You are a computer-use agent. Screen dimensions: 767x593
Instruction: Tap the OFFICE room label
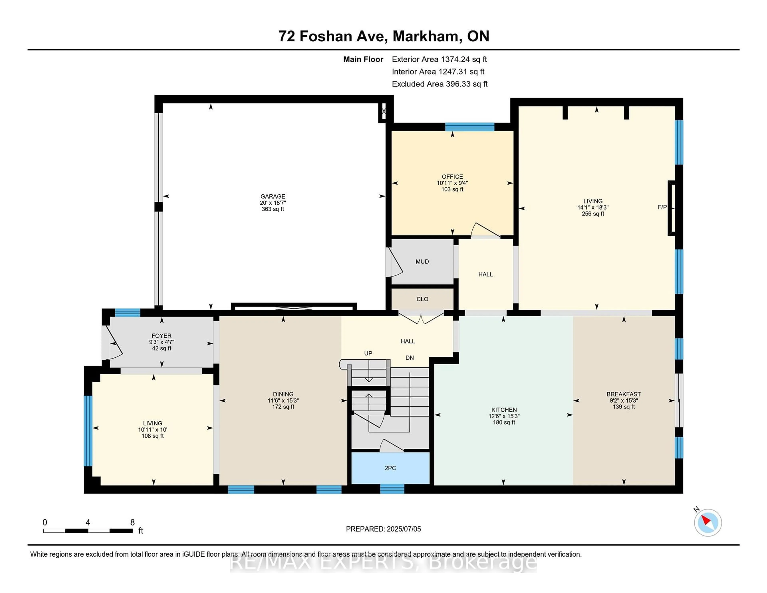[x=452, y=177]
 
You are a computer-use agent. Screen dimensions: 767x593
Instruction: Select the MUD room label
[x=422, y=262]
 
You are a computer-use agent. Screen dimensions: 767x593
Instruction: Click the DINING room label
[x=283, y=394]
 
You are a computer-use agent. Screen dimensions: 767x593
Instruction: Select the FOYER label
[x=162, y=336]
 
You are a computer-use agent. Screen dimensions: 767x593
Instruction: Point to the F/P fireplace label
[x=662, y=207]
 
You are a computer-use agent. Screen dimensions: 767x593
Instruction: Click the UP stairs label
[x=368, y=353]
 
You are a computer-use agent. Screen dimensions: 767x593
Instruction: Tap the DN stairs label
[x=409, y=358]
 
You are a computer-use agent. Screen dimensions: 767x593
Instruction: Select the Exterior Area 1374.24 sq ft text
[x=439, y=59]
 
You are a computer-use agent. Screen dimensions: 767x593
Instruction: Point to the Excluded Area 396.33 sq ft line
[x=440, y=84]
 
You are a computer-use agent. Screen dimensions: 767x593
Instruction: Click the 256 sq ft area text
[x=593, y=214]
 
